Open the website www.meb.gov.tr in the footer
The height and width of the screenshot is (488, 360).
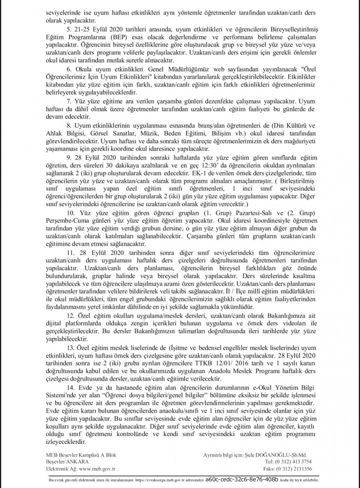[93, 468]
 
